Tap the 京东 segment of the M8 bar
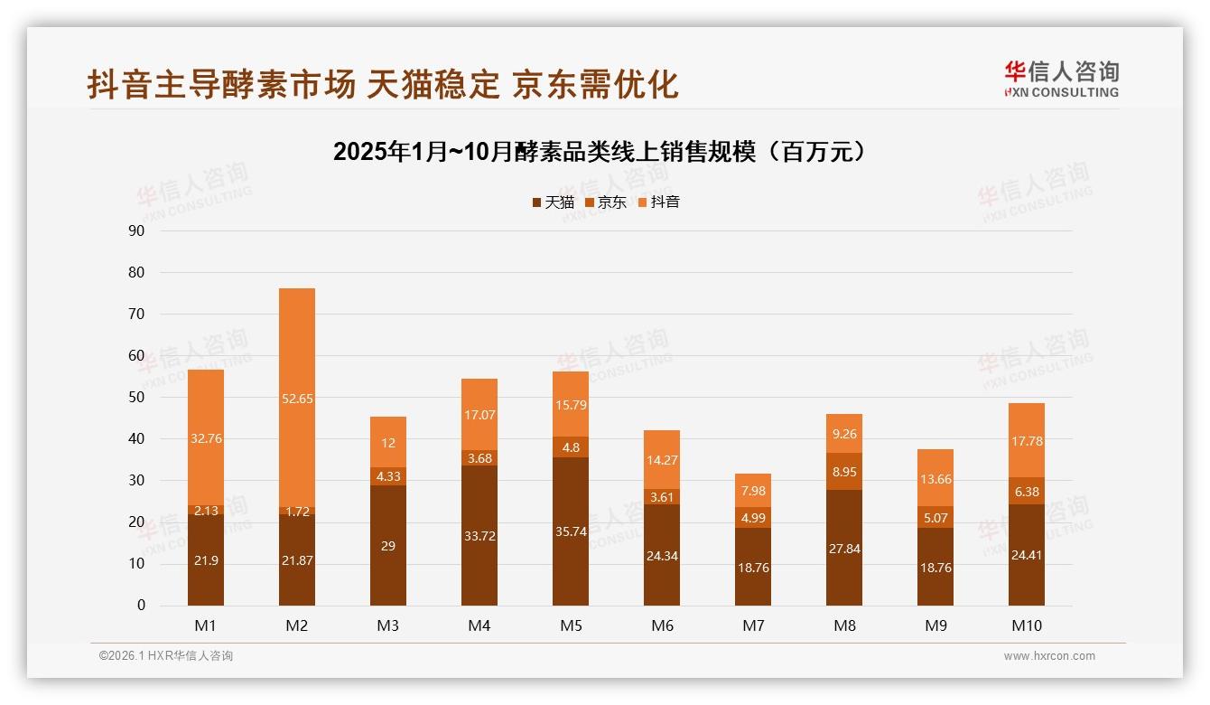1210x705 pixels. pyautogui.click(x=844, y=472)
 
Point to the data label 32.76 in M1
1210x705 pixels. pyautogui.click(x=206, y=438)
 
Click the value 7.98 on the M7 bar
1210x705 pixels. pyautogui.click(x=753, y=492)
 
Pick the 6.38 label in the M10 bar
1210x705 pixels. pyautogui.click(x=1027, y=491)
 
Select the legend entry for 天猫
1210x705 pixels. pyautogui.click(x=554, y=202)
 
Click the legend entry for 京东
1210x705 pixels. pyautogui.click(x=606, y=202)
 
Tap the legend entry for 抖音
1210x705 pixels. pyautogui.click(x=659, y=202)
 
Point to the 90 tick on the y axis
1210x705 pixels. pyautogui.click(x=136, y=230)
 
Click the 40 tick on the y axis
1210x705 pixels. pyautogui.click(x=136, y=439)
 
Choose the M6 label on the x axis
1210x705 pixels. pyautogui.click(x=662, y=625)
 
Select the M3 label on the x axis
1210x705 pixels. pyautogui.click(x=388, y=625)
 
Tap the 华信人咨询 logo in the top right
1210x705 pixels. pyautogui.click(x=1061, y=80)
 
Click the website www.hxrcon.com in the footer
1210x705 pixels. pyautogui.click(x=1049, y=656)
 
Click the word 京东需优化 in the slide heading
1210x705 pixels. pyautogui.click(x=596, y=84)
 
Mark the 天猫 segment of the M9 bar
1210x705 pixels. pyautogui.click(x=935, y=568)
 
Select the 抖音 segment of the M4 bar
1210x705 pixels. pyautogui.click(x=479, y=415)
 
